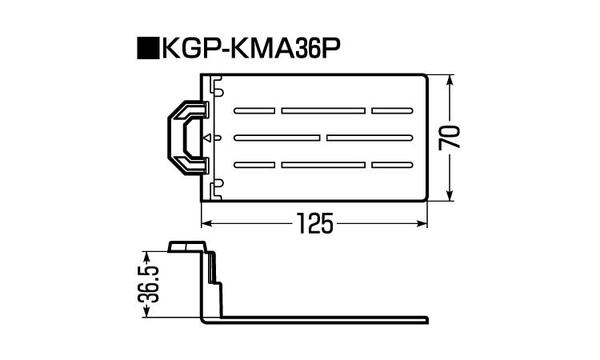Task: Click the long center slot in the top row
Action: [324, 110]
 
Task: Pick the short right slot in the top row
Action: [393, 110]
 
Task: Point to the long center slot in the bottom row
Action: [324, 165]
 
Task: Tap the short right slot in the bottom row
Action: [393, 165]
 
